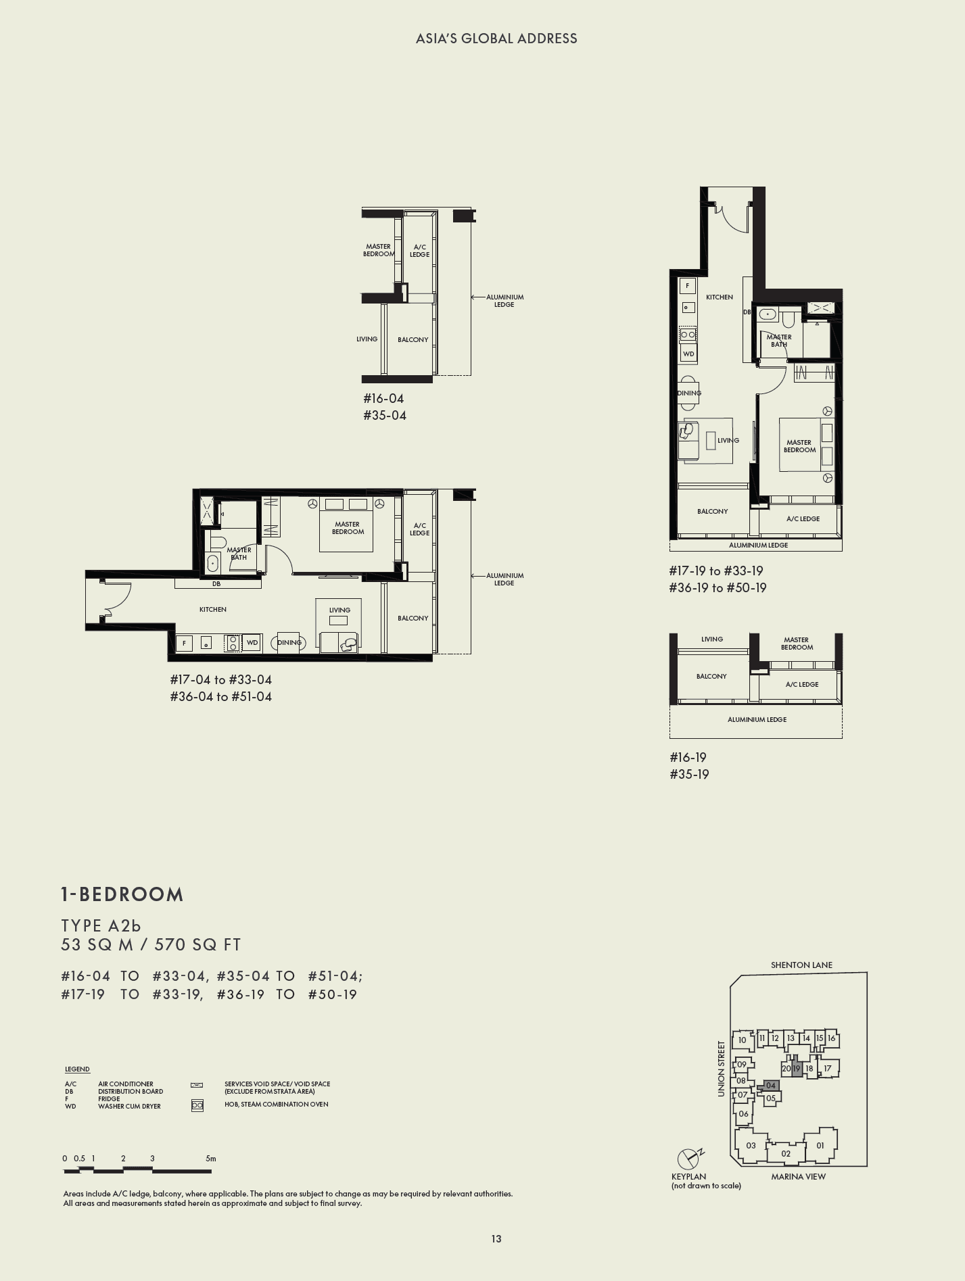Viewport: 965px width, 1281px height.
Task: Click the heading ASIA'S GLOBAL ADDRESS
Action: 496,39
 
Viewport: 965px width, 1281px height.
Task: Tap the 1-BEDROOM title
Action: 122,894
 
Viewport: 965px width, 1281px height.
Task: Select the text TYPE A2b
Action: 101,925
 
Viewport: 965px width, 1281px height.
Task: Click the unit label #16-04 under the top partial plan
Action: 383,399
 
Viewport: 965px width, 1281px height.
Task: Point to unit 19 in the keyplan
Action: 797,1069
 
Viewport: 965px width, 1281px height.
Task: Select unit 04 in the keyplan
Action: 771,1086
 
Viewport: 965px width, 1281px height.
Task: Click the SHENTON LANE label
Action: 801,965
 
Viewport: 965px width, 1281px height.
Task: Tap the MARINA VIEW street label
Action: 798,1176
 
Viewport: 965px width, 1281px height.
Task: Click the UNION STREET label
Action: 721,1069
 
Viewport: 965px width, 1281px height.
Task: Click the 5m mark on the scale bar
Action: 211,1158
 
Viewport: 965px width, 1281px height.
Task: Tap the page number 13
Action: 496,1238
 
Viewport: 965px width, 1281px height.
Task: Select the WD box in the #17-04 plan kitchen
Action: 252,643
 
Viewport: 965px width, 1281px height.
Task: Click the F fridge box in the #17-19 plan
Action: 688,286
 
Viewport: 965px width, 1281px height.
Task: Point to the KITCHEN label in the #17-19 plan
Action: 719,297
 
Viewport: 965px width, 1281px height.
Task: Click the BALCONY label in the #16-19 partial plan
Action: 711,676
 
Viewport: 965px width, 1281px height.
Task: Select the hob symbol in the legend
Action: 197,1106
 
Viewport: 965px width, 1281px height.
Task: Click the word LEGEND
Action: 77,1069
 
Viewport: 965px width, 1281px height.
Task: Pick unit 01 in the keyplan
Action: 820,1145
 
